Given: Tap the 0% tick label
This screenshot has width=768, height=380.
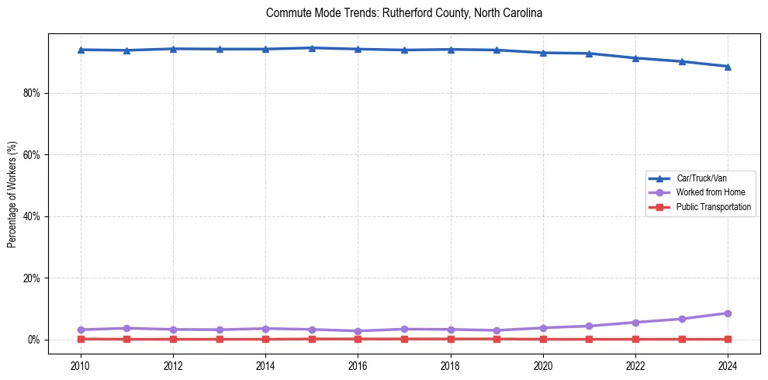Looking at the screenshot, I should click(34, 340).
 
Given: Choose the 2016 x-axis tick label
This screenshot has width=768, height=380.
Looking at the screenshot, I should click(358, 365).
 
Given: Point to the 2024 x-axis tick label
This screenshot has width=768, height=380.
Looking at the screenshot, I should click(728, 365).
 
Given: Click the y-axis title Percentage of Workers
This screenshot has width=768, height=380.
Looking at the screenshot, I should click(12, 194).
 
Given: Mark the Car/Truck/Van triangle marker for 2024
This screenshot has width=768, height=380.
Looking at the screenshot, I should click(728, 67).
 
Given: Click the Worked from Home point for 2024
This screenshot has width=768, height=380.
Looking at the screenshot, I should click(728, 313).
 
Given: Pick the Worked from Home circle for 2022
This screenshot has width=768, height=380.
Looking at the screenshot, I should click(635, 323).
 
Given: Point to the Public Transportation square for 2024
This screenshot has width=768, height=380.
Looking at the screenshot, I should click(728, 339).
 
